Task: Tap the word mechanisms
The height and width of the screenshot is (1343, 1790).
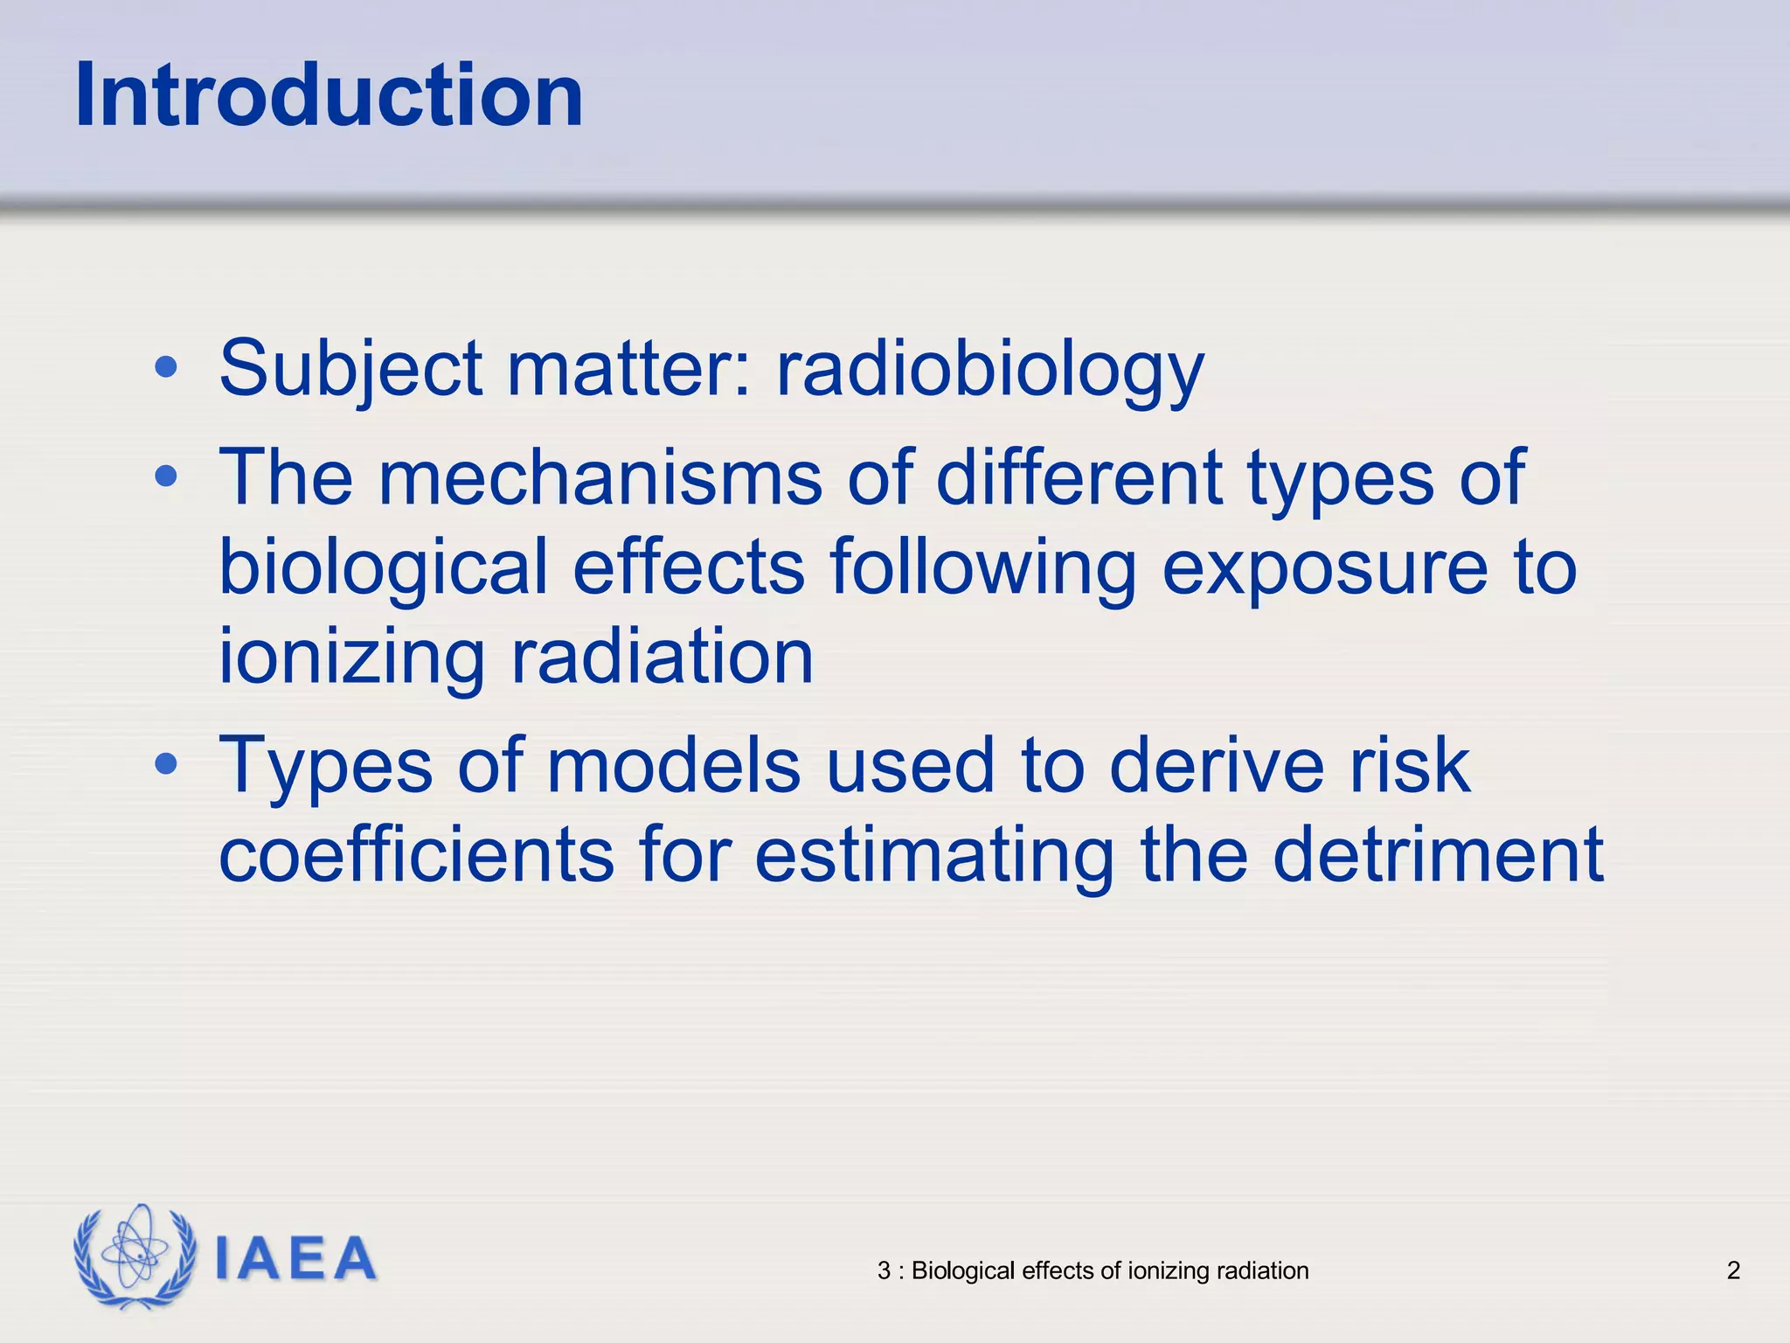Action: click(x=600, y=477)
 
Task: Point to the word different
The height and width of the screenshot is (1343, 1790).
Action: click(x=1079, y=477)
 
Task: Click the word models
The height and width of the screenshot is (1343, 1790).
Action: click(x=673, y=766)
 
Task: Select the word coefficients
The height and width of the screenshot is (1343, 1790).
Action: click(x=416, y=855)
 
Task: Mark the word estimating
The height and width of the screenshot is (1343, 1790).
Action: click(x=933, y=855)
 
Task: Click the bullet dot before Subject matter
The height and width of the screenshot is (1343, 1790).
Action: click(x=165, y=368)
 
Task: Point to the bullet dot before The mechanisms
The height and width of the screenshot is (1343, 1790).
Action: click(x=165, y=477)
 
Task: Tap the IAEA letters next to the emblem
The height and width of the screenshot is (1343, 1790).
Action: click(x=295, y=1259)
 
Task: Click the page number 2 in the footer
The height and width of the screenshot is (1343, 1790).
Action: click(x=1733, y=1270)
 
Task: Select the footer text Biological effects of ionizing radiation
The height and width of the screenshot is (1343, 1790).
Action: click(x=1108, y=1270)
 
